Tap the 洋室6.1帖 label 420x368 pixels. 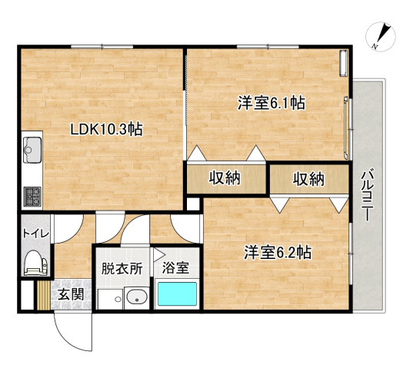click(x=272, y=102)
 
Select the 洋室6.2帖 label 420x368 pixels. click(x=278, y=251)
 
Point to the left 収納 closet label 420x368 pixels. click(x=225, y=178)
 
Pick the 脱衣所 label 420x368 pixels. click(x=122, y=269)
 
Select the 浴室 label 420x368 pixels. click(x=176, y=269)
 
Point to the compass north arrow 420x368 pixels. click(x=381, y=37)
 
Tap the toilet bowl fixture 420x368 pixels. click(x=35, y=264)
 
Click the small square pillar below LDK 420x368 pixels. click(x=192, y=204)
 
